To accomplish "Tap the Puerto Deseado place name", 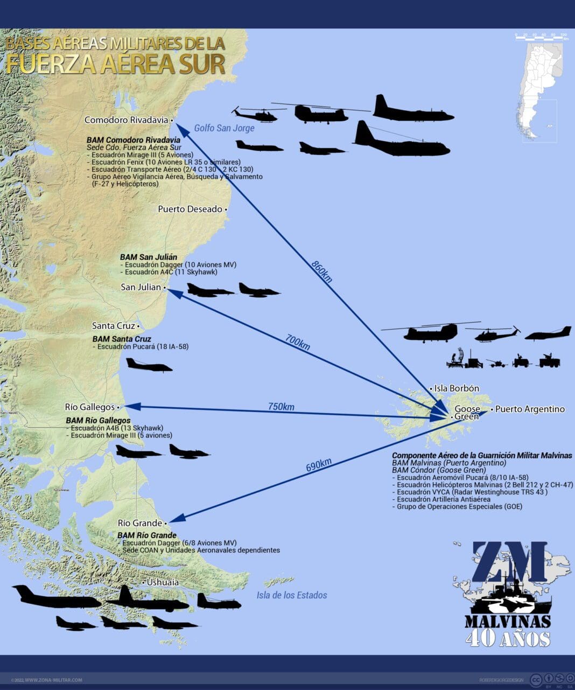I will pyautogui.click(x=190, y=209).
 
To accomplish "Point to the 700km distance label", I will pyautogui.click(x=298, y=342).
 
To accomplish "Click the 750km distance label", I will pyautogui.click(x=281, y=407).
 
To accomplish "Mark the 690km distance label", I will pyautogui.click(x=319, y=465).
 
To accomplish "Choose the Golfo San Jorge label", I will pyautogui.click(x=224, y=128).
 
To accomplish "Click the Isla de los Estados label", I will pyautogui.click(x=292, y=595).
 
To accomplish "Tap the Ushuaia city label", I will pyautogui.click(x=163, y=582).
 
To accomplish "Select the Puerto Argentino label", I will pyautogui.click(x=530, y=409).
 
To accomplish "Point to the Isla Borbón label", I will pyautogui.click(x=457, y=388).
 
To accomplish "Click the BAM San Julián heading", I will pyautogui.click(x=149, y=257).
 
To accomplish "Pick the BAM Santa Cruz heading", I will pyautogui.click(x=122, y=339).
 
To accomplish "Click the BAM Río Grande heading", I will pyautogui.click(x=147, y=535).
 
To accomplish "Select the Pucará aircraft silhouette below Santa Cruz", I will pyautogui.click(x=149, y=365).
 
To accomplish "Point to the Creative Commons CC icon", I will pyautogui.click(x=536, y=679).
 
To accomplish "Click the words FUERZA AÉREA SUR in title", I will pyautogui.click(x=116, y=64).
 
